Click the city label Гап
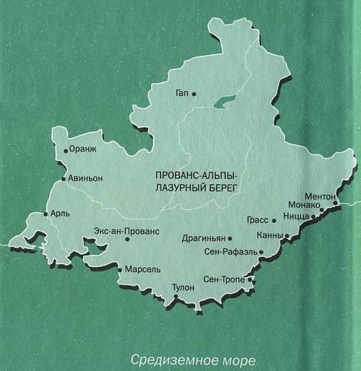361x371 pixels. tap(182, 93)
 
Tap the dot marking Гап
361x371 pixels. tap(193, 93)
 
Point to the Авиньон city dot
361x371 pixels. tap(64, 178)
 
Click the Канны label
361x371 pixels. tap(269, 236)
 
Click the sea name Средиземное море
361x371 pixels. tap(193, 358)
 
